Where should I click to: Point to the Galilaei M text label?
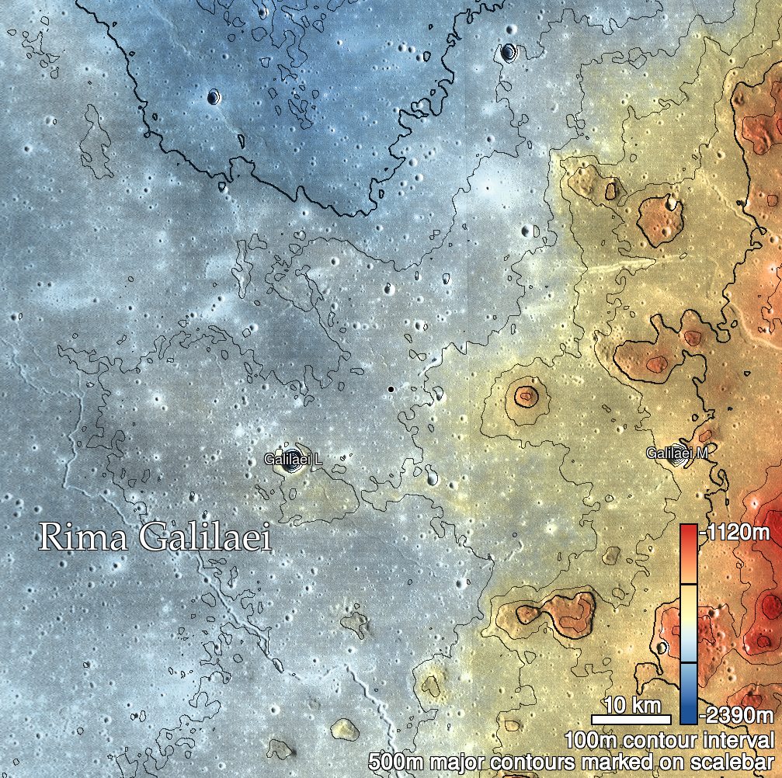pos(676,453)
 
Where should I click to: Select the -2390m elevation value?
pos(737,714)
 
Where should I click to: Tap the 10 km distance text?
pos(631,706)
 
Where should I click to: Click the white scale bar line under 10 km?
pos(631,719)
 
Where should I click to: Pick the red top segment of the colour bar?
pos(688,554)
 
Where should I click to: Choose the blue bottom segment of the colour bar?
pos(688,693)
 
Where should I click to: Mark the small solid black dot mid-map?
pos(391,388)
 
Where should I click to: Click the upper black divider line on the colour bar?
pos(688,583)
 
